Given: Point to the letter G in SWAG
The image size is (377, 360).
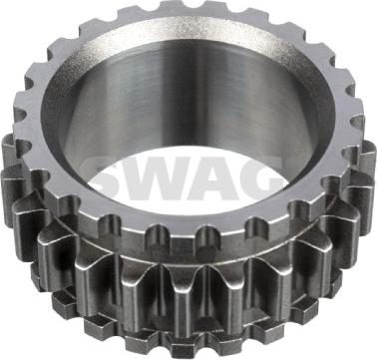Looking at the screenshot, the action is click(262, 179).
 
